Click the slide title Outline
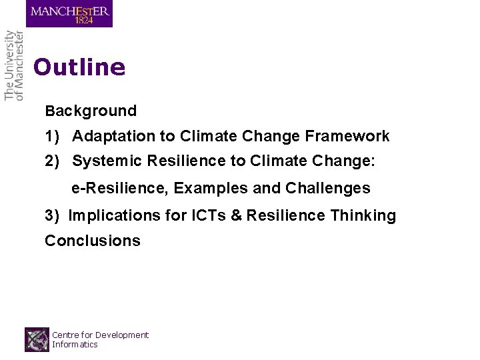coord(79,67)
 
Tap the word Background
coord(91,111)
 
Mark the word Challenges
coord(327,189)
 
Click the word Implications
coord(109,216)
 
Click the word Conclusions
coord(93,241)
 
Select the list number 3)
coord(52,216)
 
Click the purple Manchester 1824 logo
coord(69,13)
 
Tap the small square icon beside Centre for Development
coord(37,339)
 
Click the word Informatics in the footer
coord(75,345)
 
